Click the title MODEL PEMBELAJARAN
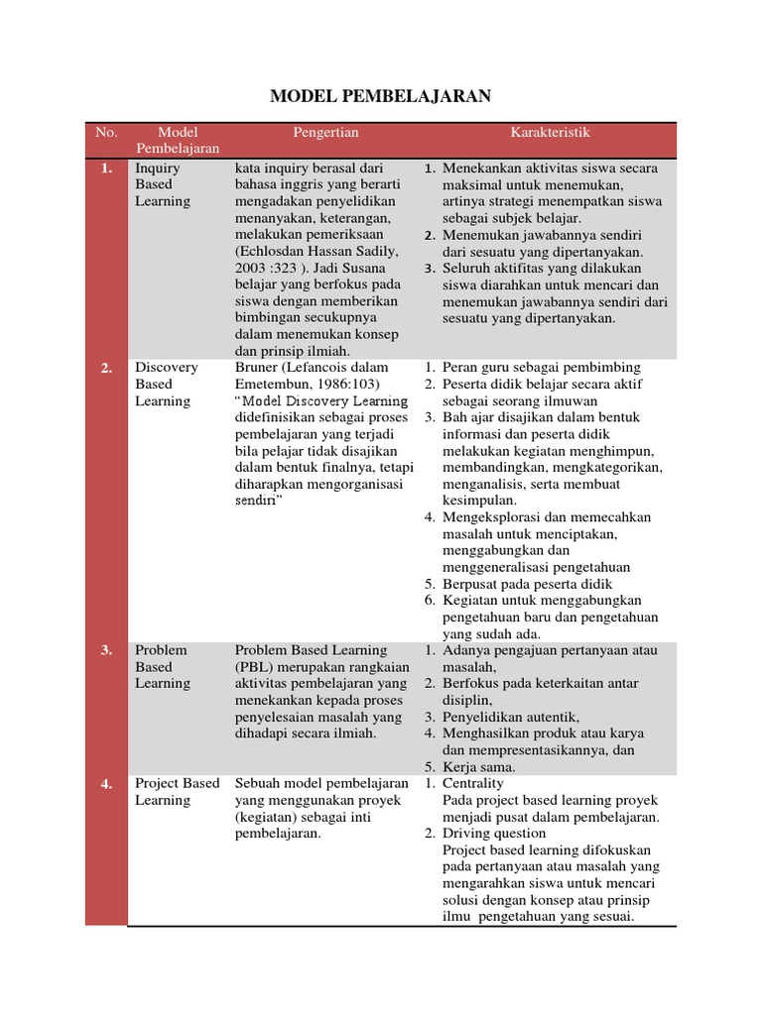pyautogui.click(x=381, y=96)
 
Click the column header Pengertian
pyautogui.click(x=325, y=132)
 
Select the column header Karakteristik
pyautogui.click(x=550, y=132)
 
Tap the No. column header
pyautogui.click(x=106, y=132)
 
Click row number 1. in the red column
pyautogui.click(x=106, y=169)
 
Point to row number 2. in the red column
pyautogui.click(x=106, y=368)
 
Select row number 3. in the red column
pyautogui.click(x=106, y=650)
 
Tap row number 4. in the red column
pyautogui.click(x=106, y=784)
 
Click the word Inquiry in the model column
pyautogui.click(x=158, y=168)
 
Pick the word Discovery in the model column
pyautogui.click(x=167, y=367)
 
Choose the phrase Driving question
pyautogui.click(x=494, y=834)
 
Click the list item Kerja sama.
pyautogui.click(x=478, y=766)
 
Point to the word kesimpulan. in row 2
pyautogui.click(x=482, y=501)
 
